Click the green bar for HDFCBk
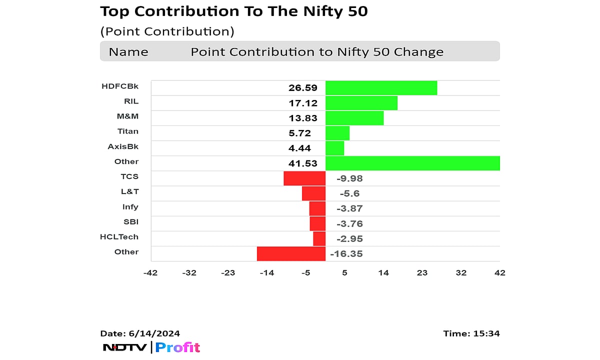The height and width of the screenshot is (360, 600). pyautogui.click(x=381, y=88)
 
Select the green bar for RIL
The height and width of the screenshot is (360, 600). pyautogui.click(x=361, y=103)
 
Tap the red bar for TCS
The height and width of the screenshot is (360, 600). pyautogui.click(x=304, y=178)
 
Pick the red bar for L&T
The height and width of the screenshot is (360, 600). pyautogui.click(x=313, y=193)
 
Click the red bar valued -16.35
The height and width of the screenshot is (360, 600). pyautogui.click(x=291, y=253)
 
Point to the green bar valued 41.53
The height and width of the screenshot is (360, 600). pyautogui.click(x=412, y=163)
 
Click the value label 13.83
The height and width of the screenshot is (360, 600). pyautogui.click(x=302, y=118)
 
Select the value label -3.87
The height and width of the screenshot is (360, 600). pyautogui.click(x=349, y=208)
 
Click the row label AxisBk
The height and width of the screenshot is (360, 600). pyautogui.click(x=123, y=146)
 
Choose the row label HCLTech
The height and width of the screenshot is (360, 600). pyautogui.click(x=119, y=236)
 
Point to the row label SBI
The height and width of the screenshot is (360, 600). pyautogui.click(x=131, y=221)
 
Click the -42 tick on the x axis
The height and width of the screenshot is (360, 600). pyautogui.click(x=150, y=272)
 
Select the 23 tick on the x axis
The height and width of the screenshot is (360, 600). pyautogui.click(x=422, y=272)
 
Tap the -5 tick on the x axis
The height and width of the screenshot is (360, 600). pyautogui.click(x=305, y=272)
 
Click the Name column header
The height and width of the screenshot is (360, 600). pyautogui.click(x=128, y=52)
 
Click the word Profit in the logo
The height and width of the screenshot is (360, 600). pyautogui.click(x=177, y=347)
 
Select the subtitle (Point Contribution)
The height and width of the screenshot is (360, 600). pyautogui.click(x=167, y=31)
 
